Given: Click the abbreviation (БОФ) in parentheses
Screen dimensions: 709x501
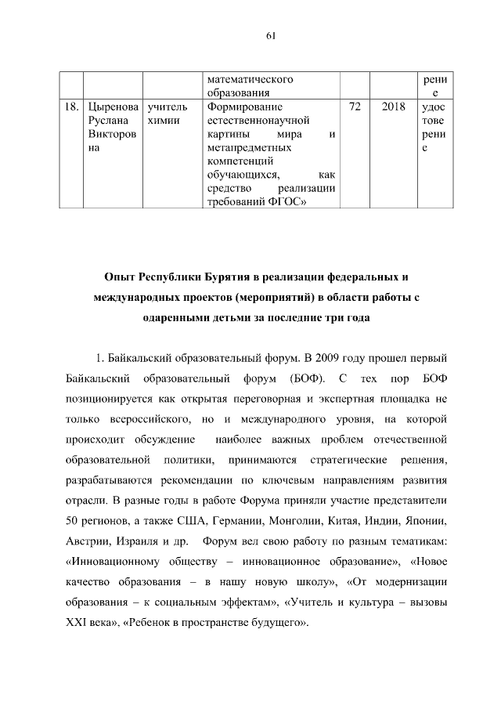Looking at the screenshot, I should coord(297,380).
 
